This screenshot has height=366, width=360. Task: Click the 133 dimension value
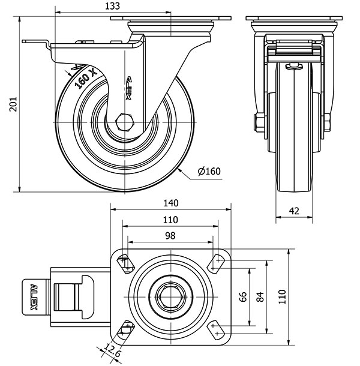tap(112, 6)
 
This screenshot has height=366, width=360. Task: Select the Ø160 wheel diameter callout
tap(209, 172)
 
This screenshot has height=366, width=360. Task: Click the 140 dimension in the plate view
tap(170, 203)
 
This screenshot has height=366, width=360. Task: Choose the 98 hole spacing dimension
tap(170, 236)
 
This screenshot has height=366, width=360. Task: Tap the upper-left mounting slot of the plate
tap(126, 263)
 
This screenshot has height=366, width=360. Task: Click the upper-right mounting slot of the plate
tap(215, 262)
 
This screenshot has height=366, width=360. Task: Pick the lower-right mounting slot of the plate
tap(215, 329)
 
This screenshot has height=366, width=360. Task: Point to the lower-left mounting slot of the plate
tap(126, 329)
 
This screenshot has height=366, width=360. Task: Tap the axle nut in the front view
tap(259, 122)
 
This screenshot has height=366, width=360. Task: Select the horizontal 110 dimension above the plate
tap(170, 220)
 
